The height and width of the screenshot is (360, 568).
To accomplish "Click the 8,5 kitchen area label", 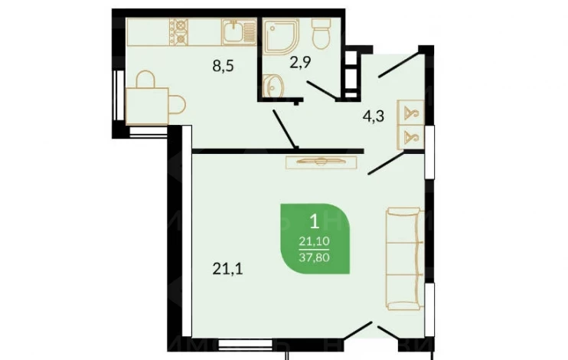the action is [224, 67].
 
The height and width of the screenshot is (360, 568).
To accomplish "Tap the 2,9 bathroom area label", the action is [300, 62].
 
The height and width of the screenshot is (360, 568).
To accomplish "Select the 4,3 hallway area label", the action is [374, 116].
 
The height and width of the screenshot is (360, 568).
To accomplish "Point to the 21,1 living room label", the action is [228, 269].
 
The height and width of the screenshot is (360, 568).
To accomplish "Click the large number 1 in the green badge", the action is [315, 221].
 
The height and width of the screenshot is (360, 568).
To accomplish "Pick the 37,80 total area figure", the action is [314, 257].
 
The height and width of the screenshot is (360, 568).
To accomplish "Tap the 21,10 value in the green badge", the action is [314, 241].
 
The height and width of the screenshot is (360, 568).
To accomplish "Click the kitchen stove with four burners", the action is [179, 32].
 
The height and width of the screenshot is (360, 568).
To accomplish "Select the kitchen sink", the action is [239, 32].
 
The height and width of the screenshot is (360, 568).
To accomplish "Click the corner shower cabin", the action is [281, 35].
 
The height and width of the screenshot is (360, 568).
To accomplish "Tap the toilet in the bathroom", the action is [322, 33].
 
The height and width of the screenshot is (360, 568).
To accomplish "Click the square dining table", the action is [147, 106].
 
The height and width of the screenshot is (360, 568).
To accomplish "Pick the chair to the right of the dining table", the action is [177, 104].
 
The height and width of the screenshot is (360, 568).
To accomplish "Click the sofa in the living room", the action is [405, 259].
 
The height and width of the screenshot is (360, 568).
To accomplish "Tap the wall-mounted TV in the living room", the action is [322, 162].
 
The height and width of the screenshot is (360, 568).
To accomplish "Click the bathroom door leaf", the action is [322, 90].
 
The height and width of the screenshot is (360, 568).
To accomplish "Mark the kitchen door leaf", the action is [285, 129].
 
